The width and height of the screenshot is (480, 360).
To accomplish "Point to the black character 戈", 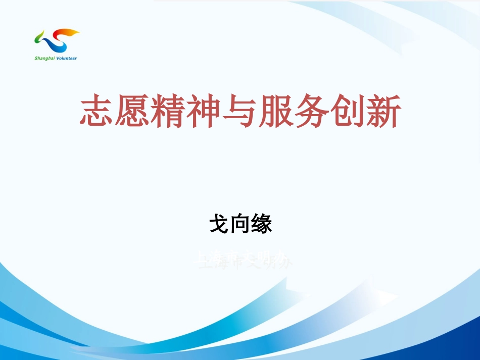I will tap(219, 224).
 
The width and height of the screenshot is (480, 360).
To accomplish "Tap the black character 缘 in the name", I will tap(262, 224).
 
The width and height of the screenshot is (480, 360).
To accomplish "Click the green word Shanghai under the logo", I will tap(44, 58).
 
